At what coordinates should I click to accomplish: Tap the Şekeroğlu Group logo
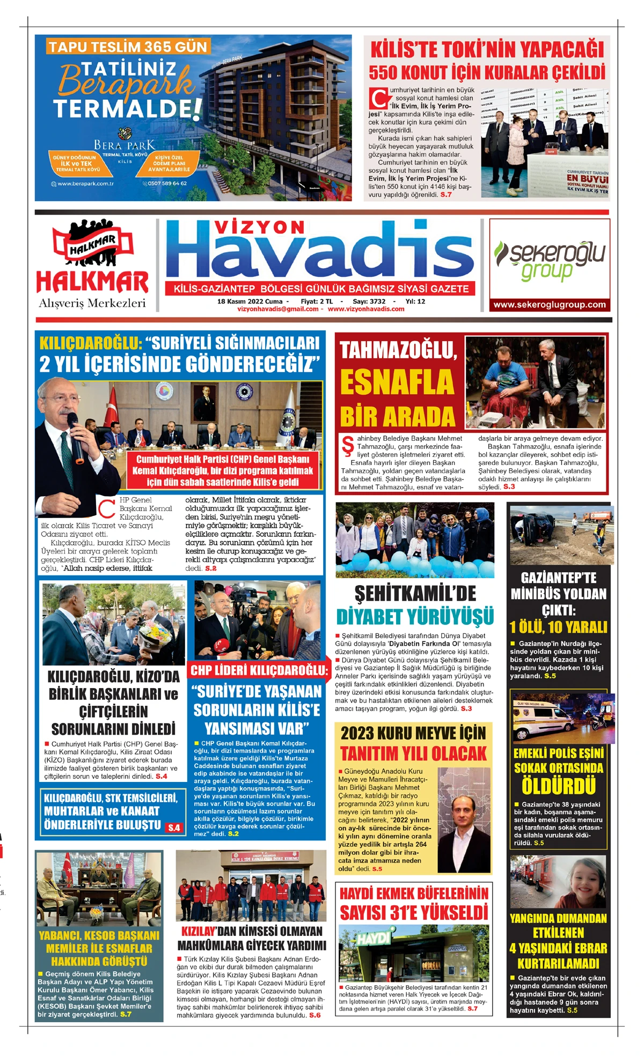tap(550, 260)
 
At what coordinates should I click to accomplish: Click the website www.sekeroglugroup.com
tap(550, 305)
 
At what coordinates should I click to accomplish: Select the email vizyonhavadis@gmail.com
tap(277, 309)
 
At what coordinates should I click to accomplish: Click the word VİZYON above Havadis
tap(260, 227)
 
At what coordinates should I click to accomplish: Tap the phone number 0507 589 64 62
tap(167, 183)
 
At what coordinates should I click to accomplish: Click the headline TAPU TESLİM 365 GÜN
tap(127, 47)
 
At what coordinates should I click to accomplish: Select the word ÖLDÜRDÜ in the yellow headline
tap(559, 786)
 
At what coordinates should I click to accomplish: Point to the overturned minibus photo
tap(560, 533)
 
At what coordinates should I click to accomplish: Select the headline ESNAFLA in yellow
tap(397, 382)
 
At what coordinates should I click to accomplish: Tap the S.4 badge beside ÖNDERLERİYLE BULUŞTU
tap(174, 828)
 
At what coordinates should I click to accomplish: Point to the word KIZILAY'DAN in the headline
tap(199, 931)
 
